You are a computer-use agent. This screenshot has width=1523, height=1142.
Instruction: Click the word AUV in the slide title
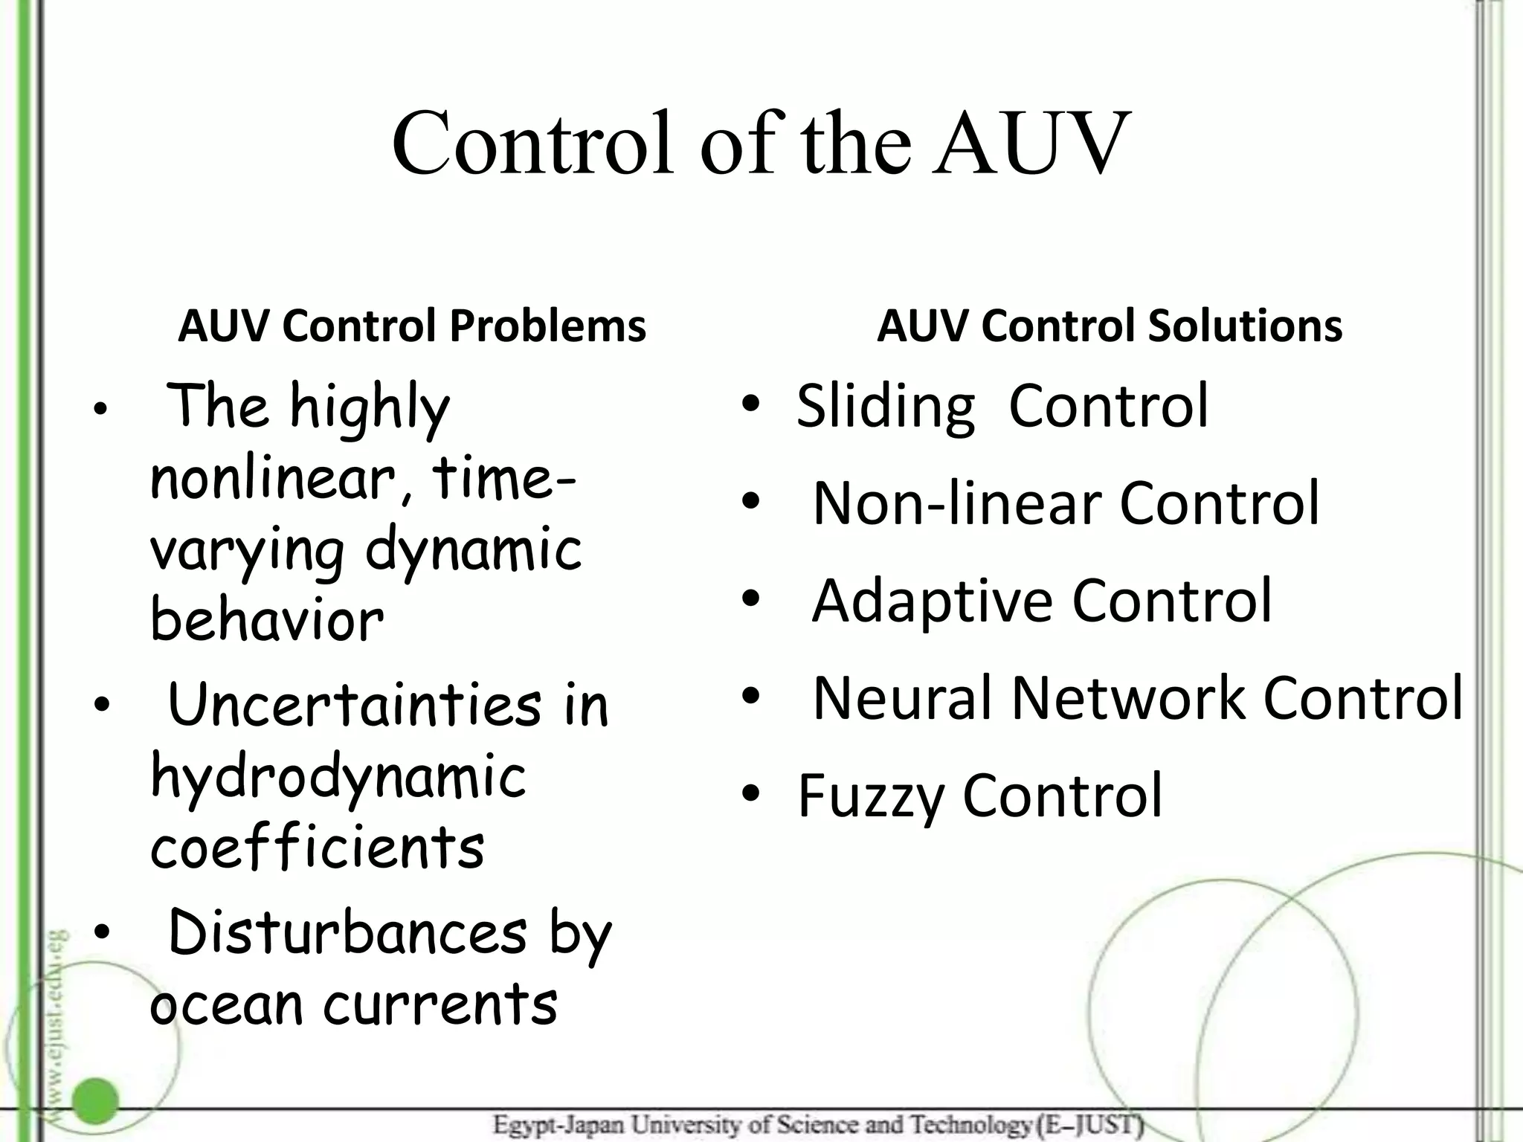(x=1034, y=143)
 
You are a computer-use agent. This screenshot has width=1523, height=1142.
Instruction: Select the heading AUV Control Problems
(x=412, y=326)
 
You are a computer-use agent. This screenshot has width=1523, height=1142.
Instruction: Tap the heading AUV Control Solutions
(x=1110, y=326)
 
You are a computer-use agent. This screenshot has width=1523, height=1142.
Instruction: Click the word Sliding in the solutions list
(x=885, y=407)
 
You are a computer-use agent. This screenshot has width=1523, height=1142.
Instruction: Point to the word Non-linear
(x=956, y=504)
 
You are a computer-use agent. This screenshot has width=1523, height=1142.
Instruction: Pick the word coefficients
(x=318, y=848)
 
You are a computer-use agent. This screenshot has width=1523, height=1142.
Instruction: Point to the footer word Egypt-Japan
(x=558, y=1125)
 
